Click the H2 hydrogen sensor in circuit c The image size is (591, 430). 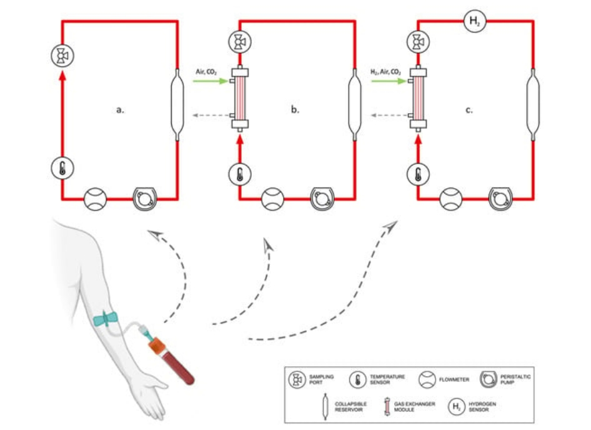click(x=475, y=21)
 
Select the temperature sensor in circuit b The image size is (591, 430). click(x=239, y=174)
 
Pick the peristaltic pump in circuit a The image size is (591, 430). click(x=145, y=199)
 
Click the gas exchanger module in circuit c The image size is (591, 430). click(x=417, y=97)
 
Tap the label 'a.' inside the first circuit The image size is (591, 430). click(x=121, y=109)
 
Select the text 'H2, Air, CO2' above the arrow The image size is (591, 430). click(x=387, y=72)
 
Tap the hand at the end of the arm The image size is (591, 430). click(x=149, y=399)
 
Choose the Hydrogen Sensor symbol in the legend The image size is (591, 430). click(x=456, y=407)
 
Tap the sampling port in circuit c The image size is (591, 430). click(x=417, y=43)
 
